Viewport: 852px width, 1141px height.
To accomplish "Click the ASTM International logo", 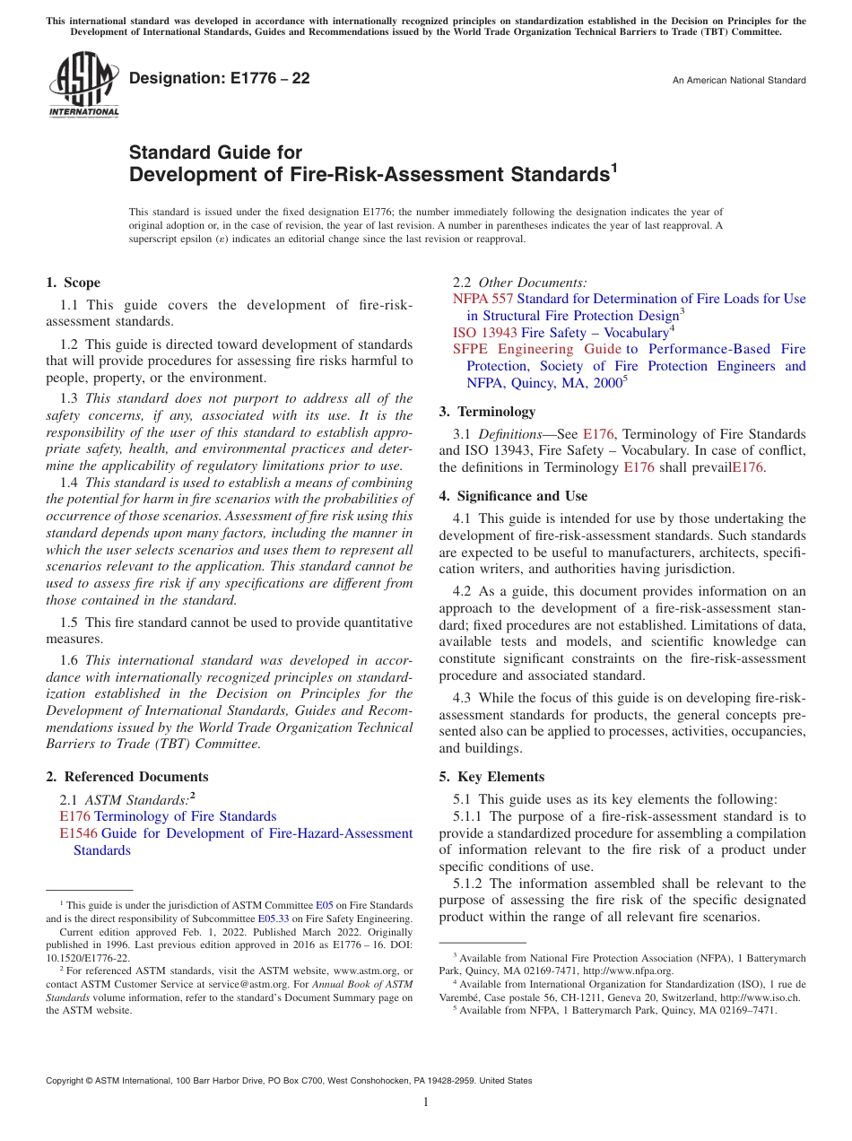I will [x=83, y=86].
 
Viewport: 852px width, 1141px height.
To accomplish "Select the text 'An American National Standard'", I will [x=739, y=81].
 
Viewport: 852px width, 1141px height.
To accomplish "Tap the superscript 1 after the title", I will [x=614, y=167].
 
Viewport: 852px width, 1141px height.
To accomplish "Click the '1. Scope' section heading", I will [x=74, y=283].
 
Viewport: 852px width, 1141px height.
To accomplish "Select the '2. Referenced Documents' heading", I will [x=126, y=777].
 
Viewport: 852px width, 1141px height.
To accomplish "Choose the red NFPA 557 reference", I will [x=483, y=299].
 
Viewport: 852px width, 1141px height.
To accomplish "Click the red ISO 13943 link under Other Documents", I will [x=484, y=332].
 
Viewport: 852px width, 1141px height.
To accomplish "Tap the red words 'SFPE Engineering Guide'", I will [x=536, y=349].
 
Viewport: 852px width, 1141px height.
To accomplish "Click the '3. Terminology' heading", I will [x=487, y=412].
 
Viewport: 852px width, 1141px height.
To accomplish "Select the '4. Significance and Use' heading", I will [x=513, y=496].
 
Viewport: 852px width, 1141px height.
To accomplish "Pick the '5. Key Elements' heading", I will [x=491, y=777].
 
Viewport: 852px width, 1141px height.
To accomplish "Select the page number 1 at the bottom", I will [x=426, y=1102].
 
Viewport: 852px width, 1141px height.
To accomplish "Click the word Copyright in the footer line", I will [x=66, y=1081].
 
